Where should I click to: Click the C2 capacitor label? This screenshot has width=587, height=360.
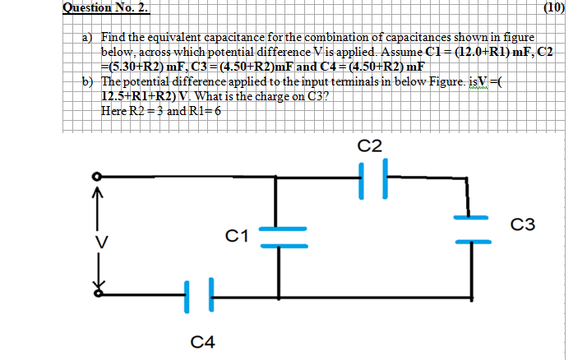pyautogui.click(x=371, y=145)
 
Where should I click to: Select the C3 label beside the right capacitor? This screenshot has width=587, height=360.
pyautogui.click(x=523, y=224)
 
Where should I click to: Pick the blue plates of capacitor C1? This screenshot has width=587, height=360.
pyautogui.click(x=284, y=237)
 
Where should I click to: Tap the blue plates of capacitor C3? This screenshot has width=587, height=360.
pyautogui.click(x=471, y=230)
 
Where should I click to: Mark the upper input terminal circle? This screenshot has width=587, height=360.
pyautogui.click(x=97, y=177)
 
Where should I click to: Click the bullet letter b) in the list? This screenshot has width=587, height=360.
pyautogui.click(x=86, y=82)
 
